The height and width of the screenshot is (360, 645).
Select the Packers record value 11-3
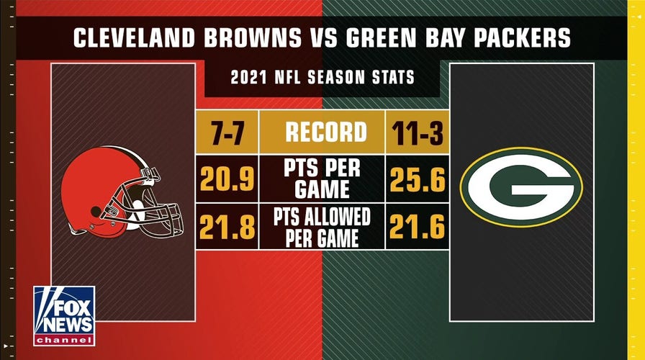point(418,132)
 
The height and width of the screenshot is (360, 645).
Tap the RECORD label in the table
point(322,132)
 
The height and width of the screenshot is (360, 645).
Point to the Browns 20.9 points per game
point(227,181)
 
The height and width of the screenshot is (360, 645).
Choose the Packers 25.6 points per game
point(418,181)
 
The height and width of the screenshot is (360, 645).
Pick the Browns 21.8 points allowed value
point(227,227)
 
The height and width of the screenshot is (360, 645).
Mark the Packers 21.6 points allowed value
point(418,227)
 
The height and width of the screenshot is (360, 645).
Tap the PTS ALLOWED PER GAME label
point(322,227)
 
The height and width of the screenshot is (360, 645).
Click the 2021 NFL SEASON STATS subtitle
point(322,77)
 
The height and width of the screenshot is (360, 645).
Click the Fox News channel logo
point(63,315)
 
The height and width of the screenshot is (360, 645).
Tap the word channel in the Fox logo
point(63,339)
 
